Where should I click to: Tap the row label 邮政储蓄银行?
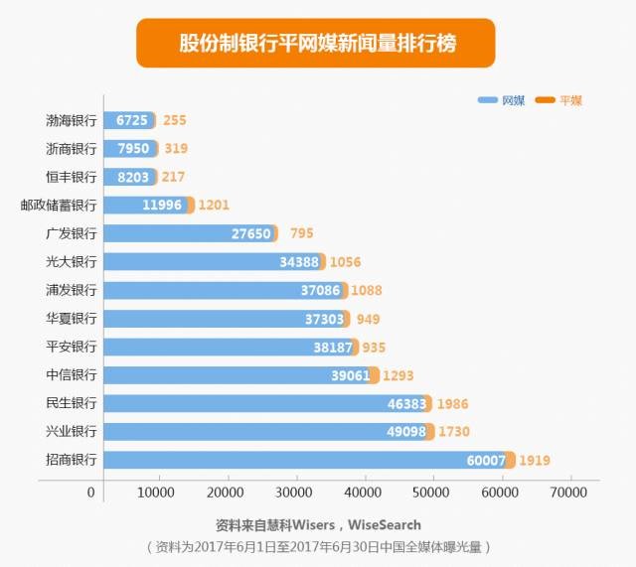(59, 206)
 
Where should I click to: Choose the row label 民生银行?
(72, 404)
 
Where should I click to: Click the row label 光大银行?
(72, 262)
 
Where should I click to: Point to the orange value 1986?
(452, 404)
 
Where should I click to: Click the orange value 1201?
(214, 206)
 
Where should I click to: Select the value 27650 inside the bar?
(251, 234)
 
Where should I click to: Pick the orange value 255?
(175, 121)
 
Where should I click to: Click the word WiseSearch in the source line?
(385, 524)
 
